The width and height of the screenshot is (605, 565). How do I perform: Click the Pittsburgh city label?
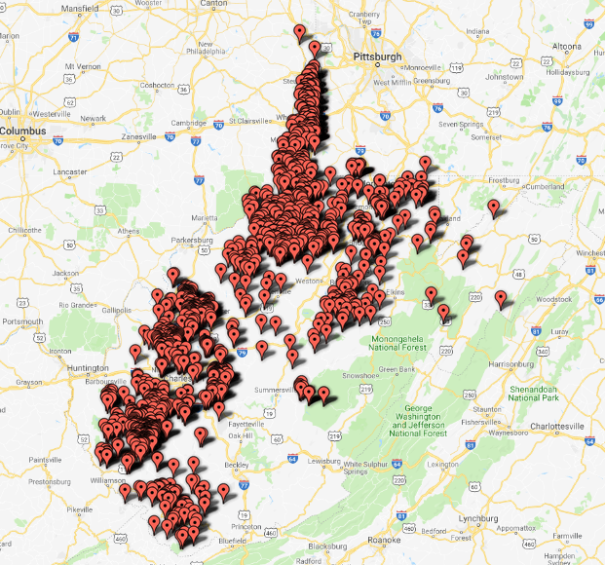(378, 56)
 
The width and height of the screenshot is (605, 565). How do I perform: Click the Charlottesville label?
(556, 426)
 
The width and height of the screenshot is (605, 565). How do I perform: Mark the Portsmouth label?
(21, 320)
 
